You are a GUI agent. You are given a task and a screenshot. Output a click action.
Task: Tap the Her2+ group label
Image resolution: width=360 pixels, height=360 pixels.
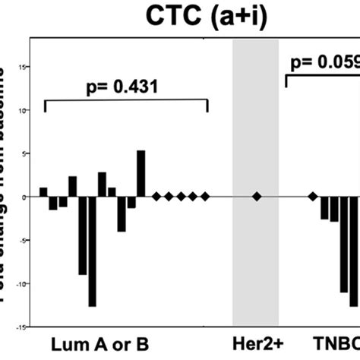coord(256,342)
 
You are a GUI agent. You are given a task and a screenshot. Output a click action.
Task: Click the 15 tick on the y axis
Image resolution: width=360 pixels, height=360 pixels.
coord(24,67)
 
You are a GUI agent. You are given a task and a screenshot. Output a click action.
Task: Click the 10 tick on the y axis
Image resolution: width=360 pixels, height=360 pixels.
coord(24,110)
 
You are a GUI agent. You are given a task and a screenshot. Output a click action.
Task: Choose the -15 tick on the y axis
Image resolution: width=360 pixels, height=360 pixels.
coord(22,327)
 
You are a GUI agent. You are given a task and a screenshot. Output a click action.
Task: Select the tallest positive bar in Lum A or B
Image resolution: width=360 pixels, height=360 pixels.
coord(141,174)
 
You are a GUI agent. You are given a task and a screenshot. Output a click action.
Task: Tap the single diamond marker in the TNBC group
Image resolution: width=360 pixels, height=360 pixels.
coord(312,197)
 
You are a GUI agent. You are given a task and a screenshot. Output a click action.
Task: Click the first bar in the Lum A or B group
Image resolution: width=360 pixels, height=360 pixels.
coord(43,192)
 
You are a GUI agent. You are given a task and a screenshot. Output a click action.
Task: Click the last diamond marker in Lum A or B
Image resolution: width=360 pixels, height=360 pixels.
coord(205,197)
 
